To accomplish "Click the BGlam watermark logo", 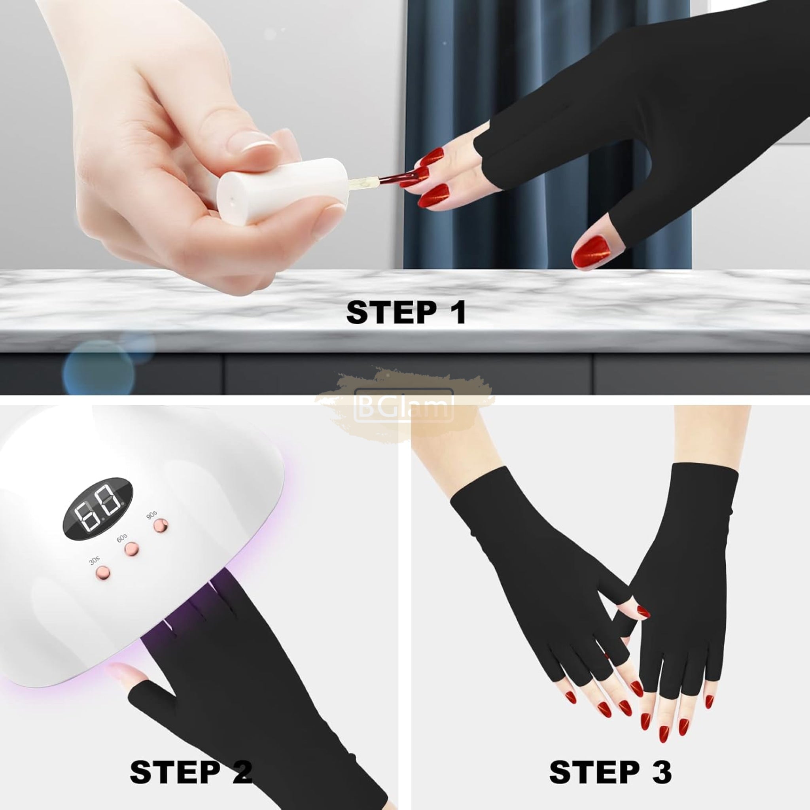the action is (404, 405).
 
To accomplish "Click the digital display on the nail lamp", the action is (98, 509).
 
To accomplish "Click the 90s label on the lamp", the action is (151, 515).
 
